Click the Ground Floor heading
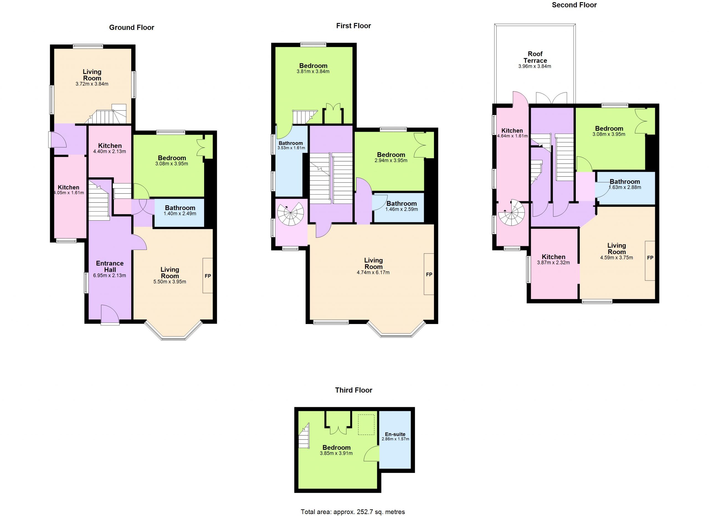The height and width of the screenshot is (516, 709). (x=132, y=27)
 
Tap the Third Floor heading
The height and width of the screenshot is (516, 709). (x=354, y=390)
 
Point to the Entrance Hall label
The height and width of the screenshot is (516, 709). (x=110, y=266)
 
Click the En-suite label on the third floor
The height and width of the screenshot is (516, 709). (x=395, y=434)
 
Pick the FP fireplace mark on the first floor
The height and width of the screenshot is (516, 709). (x=429, y=275)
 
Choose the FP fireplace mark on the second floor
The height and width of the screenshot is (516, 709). (x=650, y=258)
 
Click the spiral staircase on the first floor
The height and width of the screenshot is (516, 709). (x=291, y=214)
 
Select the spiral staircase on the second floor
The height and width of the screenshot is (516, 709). (x=512, y=213)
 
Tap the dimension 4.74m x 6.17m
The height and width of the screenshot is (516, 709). (x=373, y=272)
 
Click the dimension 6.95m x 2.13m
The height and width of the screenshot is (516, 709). (x=109, y=275)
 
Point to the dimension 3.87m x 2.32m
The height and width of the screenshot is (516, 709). (x=553, y=263)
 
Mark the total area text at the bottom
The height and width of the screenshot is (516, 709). (x=353, y=512)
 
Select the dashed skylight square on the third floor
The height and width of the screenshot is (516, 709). (x=366, y=425)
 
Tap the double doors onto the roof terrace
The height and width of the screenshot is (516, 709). (x=551, y=98)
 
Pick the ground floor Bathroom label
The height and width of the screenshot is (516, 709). (x=180, y=208)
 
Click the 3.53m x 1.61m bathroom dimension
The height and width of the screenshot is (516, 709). (x=291, y=148)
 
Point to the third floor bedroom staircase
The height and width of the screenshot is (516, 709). (x=304, y=435)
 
